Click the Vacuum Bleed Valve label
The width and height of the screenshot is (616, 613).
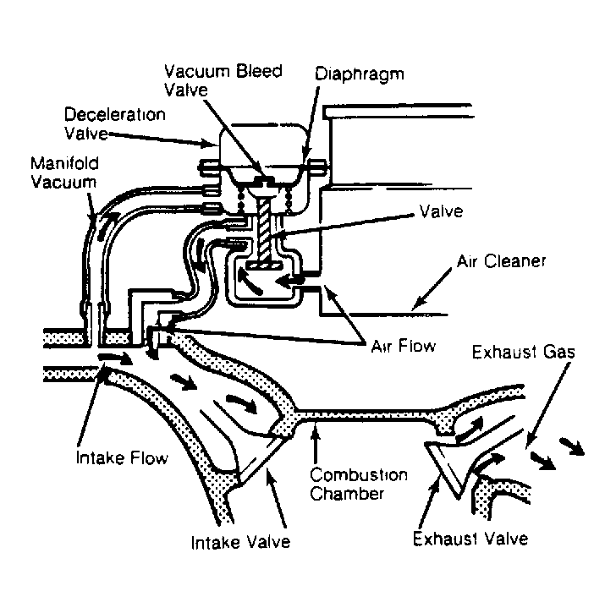coord(223,80)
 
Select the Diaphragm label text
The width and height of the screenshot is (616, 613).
coord(360,74)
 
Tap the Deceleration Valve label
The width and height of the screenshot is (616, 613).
coord(115,123)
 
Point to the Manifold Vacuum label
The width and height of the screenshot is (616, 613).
coord(64,172)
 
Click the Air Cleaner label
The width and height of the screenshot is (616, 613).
coord(501,261)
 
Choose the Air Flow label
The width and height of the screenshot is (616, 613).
coord(404,346)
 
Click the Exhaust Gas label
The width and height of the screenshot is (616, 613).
coord(523,352)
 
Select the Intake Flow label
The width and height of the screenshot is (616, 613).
coord(122,457)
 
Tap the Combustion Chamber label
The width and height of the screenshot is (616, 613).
coord(358,484)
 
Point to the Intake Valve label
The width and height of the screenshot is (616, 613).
coord(240,542)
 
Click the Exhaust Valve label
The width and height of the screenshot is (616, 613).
coord(470,539)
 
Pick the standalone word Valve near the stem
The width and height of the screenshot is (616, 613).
coord(441,211)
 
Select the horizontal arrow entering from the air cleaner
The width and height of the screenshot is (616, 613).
coord(289,281)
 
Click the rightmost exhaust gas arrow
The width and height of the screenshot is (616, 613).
coord(572,446)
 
